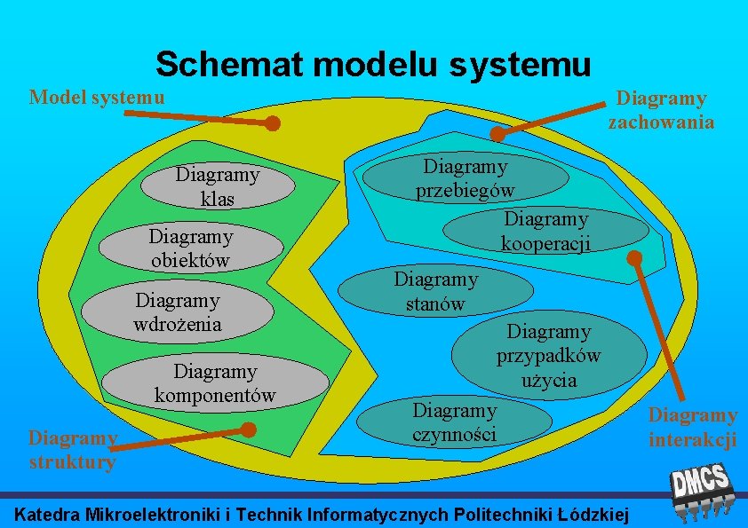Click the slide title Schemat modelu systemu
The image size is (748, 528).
[x=373, y=63]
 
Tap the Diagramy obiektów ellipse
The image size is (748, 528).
[x=190, y=248]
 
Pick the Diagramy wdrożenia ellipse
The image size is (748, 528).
[x=178, y=311]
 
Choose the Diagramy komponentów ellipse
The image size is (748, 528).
[x=215, y=382]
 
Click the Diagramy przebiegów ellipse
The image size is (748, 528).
[x=467, y=178]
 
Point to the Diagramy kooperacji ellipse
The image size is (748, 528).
[x=545, y=231]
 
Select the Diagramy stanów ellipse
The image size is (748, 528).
[x=436, y=291]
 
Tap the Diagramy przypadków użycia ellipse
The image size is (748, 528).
[x=548, y=356]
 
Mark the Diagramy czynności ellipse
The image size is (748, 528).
[x=455, y=422]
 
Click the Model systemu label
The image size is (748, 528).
[x=97, y=96]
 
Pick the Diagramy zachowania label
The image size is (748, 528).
[x=661, y=110]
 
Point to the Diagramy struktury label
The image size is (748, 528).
[x=72, y=449]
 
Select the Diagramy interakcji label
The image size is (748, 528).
[x=692, y=427]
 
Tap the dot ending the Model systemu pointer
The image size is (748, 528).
[x=274, y=124]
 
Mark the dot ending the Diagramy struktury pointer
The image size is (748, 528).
[x=250, y=430]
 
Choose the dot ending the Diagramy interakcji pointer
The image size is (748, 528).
[x=633, y=258]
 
